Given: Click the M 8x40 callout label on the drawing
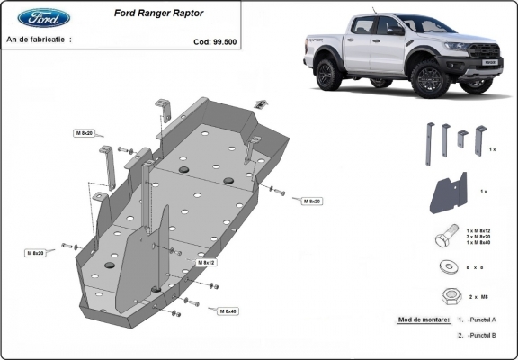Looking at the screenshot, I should coord(228,310).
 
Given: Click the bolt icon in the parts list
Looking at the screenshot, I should coord(443,240).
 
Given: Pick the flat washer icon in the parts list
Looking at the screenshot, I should coord(444,267).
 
